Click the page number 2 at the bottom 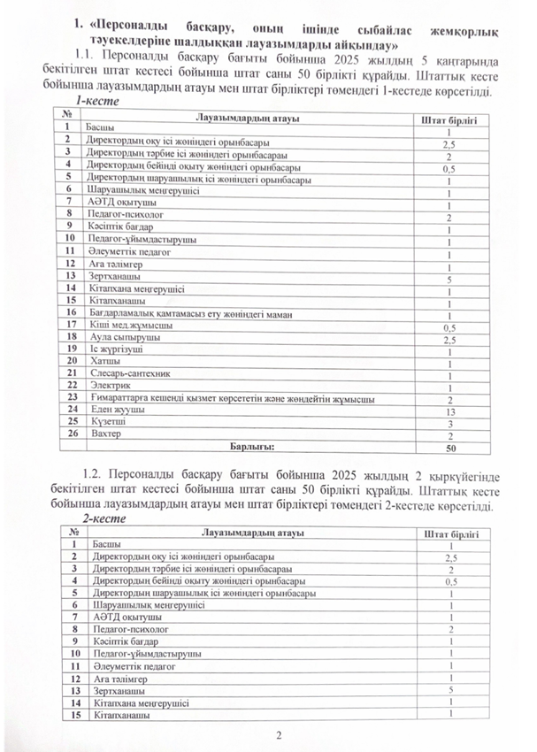(x=277, y=734)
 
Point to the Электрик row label (x=107, y=388)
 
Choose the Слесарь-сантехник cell (x=123, y=375)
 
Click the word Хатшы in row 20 (x=104, y=363)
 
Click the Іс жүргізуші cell (x=114, y=350)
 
